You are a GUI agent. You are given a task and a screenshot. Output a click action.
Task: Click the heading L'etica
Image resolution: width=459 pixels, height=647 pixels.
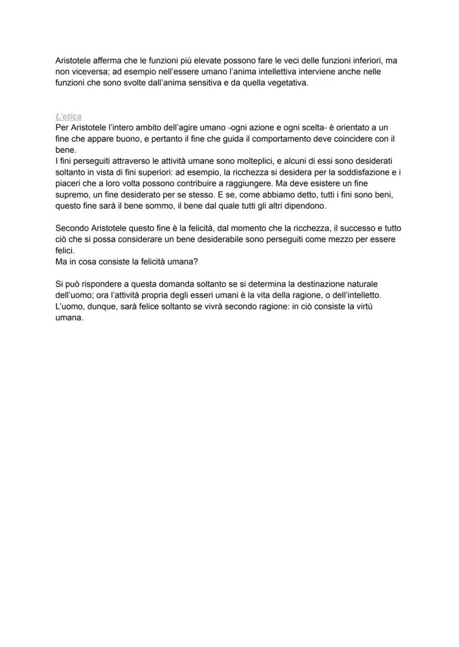[x=69, y=116]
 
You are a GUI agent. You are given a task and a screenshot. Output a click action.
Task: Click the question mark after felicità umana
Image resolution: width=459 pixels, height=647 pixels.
[x=196, y=261]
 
